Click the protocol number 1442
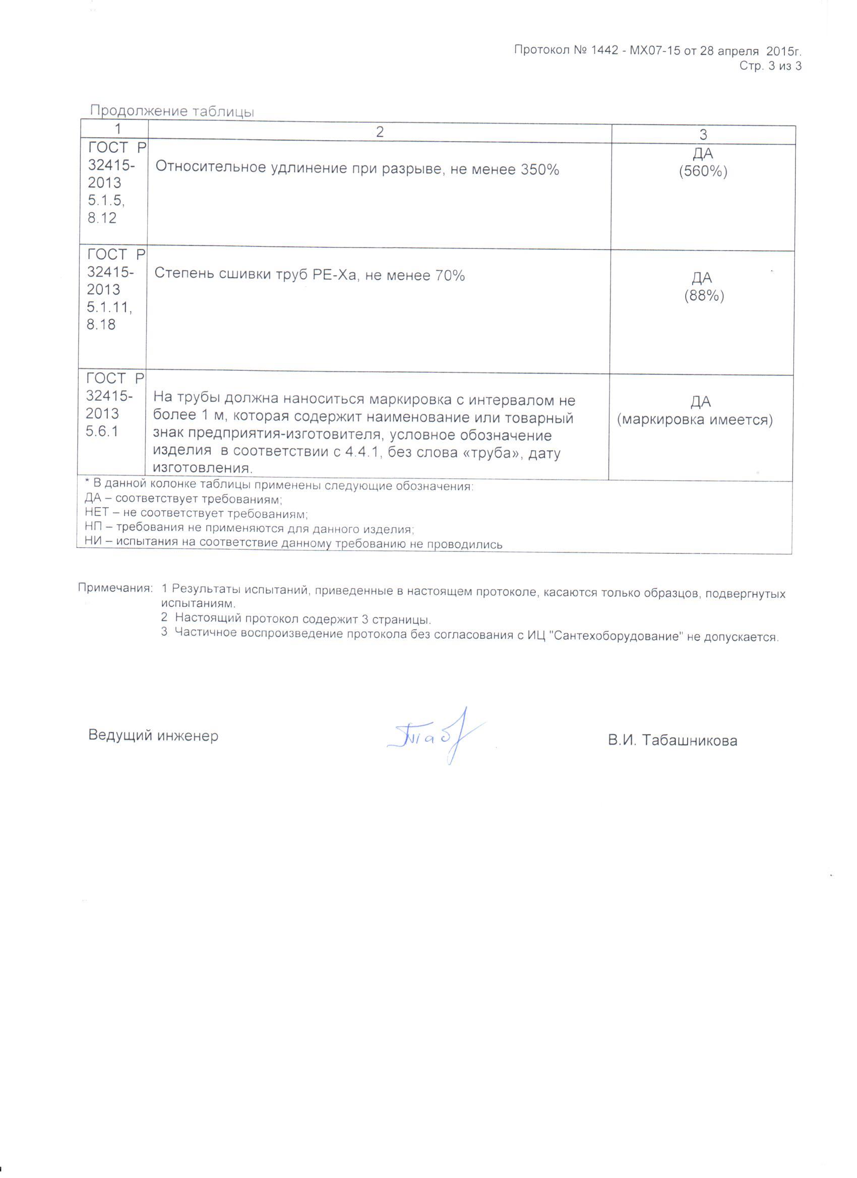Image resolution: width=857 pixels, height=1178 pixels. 604,50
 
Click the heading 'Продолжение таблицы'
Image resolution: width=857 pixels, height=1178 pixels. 172,111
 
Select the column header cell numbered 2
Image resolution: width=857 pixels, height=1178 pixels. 380,132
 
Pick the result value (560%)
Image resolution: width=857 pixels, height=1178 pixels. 703,171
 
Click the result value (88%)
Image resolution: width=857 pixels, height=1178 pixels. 704,295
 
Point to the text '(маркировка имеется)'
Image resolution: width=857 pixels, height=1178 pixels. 695,420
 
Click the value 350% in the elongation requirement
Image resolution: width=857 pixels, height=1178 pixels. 539,169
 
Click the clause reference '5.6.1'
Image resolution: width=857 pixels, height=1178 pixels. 102,431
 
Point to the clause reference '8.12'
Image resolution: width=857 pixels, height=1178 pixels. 102,218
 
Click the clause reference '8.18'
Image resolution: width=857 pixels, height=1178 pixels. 101,325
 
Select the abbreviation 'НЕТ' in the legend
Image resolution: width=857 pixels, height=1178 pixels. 97,513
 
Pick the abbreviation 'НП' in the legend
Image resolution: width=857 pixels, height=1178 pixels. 95,528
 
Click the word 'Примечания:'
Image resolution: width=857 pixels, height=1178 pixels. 115,588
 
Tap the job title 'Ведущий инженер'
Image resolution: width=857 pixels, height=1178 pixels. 153,735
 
